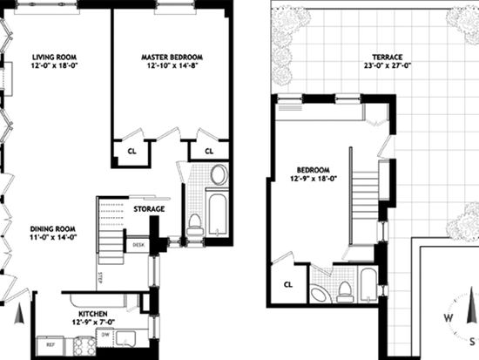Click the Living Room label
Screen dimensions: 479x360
click(54, 58)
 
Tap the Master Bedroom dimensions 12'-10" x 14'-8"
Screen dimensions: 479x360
click(172, 65)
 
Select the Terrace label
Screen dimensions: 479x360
click(387, 58)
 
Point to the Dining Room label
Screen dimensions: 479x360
click(53, 228)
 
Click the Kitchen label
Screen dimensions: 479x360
click(93, 314)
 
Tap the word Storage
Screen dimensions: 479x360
click(149, 209)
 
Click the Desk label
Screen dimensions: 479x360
click(137, 245)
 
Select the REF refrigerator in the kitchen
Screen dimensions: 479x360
click(51, 346)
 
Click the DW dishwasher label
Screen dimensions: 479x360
click(105, 335)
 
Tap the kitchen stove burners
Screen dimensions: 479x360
click(84, 346)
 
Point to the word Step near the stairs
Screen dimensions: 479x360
click(100, 278)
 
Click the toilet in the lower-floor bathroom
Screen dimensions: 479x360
click(195, 224)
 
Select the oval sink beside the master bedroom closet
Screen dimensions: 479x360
click(219, 175)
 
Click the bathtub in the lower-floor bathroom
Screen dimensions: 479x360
click(218, 214)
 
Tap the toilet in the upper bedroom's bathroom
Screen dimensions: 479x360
click(345, 292)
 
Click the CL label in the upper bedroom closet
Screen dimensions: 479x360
click(288, 285)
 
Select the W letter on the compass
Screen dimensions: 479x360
click(449, 318)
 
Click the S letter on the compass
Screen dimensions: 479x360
click(473, 342)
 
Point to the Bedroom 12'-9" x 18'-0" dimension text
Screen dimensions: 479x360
click(314, 179)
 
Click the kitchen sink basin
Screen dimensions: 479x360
click(125, 338)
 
